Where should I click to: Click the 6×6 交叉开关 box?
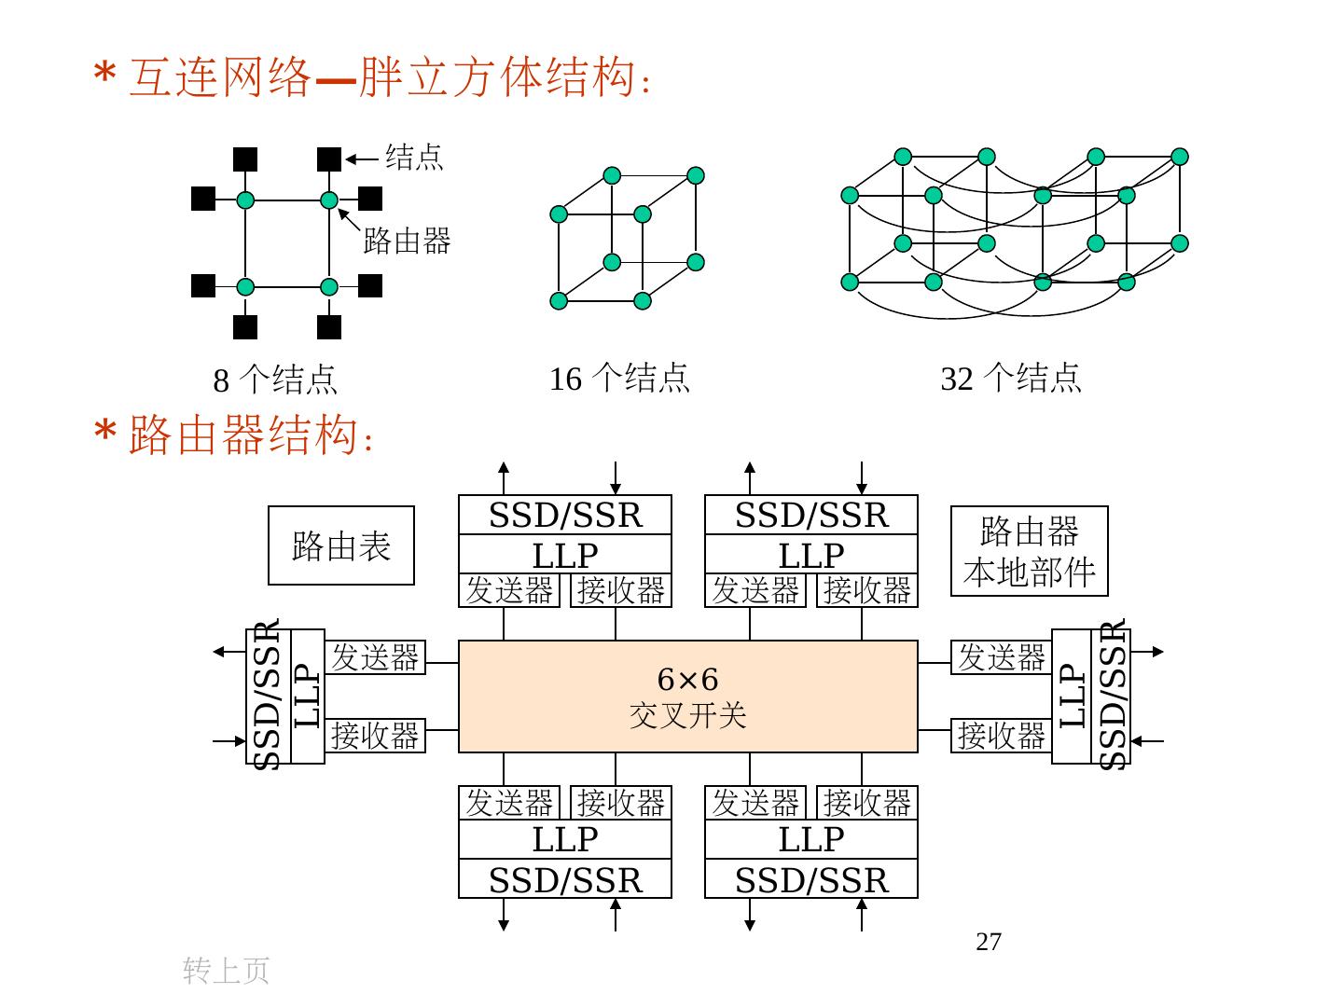point(687,696)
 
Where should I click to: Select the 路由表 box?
point(340,545)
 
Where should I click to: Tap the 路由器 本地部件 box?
point(1029,551)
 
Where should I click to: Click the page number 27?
point(989,942)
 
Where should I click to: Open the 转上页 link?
point(226,971)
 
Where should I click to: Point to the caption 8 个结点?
point(275,379)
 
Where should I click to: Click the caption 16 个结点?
point(619,378)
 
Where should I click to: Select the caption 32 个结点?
point(1011,378)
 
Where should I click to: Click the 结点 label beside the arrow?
point(414,157)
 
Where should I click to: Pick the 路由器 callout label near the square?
point(407,241)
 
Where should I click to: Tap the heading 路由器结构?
point(242,435)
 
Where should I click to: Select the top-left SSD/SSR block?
point(565,515)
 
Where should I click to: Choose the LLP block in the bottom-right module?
point(810,839)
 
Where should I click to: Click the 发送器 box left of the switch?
point(375,657)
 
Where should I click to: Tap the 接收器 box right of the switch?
point(1002,736)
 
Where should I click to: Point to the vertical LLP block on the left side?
point(308,697)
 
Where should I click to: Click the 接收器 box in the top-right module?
point(866,590)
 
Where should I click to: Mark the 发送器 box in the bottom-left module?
point(509,802)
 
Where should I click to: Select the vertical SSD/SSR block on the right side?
point(1112,697)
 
